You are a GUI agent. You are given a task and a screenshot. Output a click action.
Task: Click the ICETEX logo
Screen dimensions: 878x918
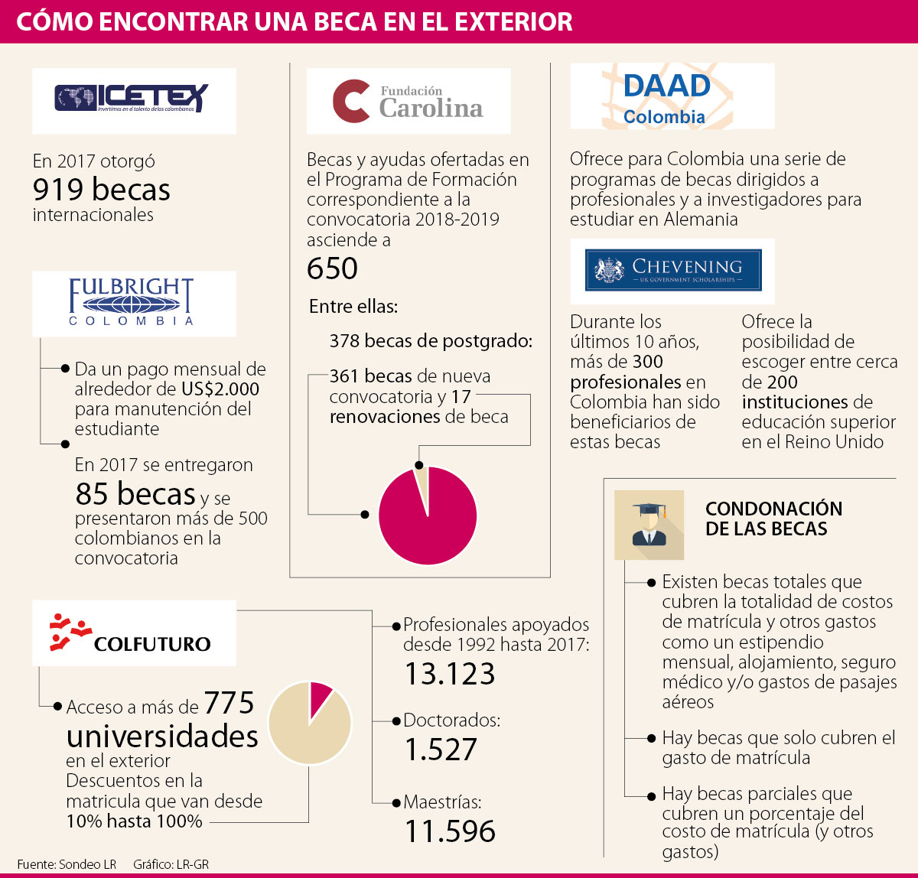pos(132,98)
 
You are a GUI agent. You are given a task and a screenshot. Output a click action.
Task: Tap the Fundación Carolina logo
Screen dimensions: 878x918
pos(409,102)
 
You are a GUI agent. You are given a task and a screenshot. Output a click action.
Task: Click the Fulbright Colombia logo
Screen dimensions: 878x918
pos(132,302)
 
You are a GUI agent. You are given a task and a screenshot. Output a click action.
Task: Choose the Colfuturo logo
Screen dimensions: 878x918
pos(132,633)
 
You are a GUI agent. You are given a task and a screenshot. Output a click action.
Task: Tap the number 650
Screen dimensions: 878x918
pos(332,269)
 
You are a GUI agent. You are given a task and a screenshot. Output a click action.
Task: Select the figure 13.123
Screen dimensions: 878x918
pos(449,674)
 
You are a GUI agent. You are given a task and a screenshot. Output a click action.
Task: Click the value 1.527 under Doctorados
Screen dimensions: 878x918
pos(440,750)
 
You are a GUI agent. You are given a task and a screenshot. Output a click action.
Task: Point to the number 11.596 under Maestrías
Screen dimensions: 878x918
pos(449,831)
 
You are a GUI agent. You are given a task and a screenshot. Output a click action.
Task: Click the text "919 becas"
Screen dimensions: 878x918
pos(101,190)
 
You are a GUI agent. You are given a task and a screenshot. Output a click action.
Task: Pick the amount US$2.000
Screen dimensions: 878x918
pos(220,389)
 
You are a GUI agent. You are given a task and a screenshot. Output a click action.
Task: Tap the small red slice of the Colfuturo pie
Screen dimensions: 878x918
pos(320,696)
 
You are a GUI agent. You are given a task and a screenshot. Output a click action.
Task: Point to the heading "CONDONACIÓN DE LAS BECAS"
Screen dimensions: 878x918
pos(773,519)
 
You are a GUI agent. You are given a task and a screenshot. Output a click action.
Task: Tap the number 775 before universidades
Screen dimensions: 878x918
pos(229,704)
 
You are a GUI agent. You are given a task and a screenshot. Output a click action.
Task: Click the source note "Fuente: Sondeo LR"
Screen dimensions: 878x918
pos(67,864)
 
